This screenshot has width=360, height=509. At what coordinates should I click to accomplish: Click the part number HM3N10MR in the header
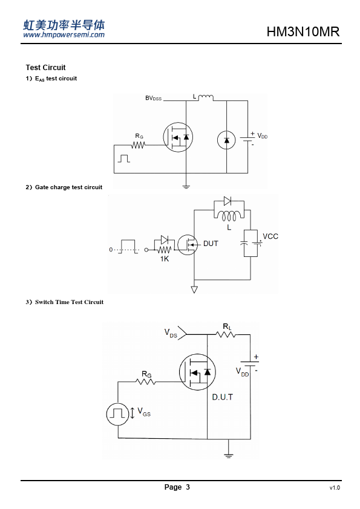(303, 32)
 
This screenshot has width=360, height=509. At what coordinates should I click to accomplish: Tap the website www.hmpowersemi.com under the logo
(64, 34)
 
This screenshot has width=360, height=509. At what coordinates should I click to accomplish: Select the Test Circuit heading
(45, 68)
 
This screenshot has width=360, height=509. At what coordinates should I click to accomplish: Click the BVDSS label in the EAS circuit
(153, 98)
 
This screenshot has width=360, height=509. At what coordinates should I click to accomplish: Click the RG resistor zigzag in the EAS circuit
(138, 145)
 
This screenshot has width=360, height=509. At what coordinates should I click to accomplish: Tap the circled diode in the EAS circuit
(226, 140)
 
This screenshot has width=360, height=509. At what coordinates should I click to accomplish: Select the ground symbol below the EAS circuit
(186, 187)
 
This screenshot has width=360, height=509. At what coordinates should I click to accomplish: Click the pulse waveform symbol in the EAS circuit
(124, 158)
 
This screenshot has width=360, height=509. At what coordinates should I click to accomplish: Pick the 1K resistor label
(165, 259)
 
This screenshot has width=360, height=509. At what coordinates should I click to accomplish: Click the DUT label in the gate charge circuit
(211, 244)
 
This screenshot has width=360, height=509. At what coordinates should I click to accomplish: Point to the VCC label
(270, 236)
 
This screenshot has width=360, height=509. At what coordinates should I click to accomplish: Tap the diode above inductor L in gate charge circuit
(227, 201)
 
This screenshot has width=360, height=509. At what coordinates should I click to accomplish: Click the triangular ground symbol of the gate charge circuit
(194, 290)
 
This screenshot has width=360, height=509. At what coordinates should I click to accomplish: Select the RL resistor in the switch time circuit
(226, 334)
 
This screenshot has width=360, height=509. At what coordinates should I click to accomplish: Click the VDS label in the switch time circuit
(171, 333)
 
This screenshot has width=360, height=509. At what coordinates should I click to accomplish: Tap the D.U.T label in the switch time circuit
(222, 397)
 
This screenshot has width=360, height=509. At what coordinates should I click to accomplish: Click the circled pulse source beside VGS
(117, 414)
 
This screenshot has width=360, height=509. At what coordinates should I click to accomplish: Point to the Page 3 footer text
(177, 487)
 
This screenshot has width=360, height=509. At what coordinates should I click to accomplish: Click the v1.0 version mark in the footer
(335, 488)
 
